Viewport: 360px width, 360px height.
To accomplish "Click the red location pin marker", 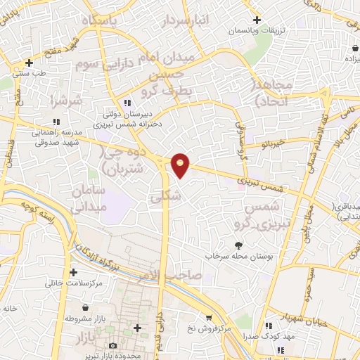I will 181,165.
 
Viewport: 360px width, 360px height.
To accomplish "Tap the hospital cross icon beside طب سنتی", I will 28,63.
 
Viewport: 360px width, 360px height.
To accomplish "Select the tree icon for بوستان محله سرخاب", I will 238,245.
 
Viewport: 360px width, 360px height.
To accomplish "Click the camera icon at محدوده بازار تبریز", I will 113,346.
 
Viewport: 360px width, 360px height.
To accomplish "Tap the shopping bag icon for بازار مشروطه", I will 85,308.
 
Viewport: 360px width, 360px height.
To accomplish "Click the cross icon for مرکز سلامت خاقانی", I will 73,272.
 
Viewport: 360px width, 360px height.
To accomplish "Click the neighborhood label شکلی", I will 166,198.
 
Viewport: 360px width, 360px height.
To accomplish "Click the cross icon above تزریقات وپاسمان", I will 257,19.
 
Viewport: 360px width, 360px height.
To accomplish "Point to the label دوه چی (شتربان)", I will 122,160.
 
